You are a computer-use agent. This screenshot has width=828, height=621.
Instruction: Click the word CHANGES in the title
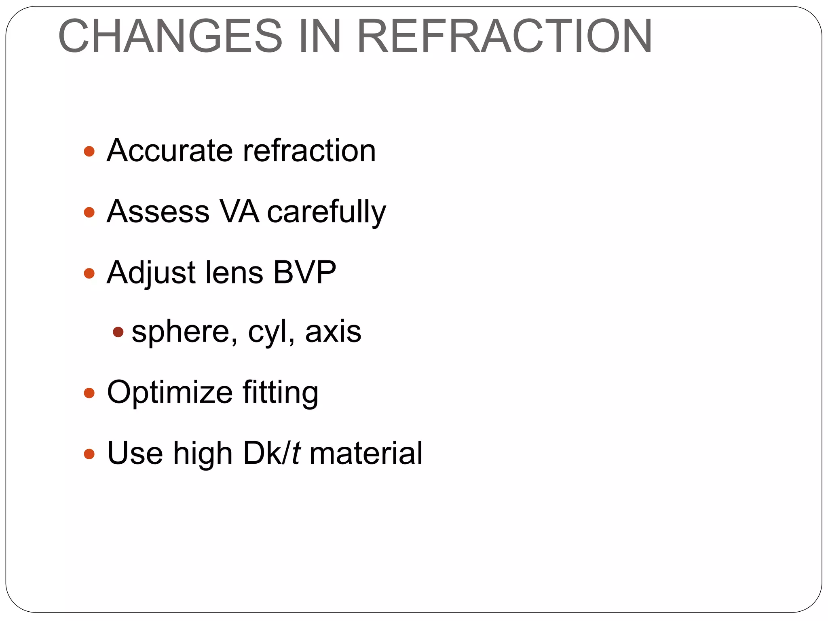pos(170,36)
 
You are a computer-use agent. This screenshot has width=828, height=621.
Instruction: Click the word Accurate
pos(169,150)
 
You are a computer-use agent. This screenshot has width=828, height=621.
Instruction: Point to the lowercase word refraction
pos(309,150)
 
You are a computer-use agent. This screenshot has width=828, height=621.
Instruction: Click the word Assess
pos(158,211)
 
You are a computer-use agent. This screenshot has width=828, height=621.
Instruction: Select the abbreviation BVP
pos(304,272)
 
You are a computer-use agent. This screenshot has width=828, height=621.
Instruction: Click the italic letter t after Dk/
pos(296,453)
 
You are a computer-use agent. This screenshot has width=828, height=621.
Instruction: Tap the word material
pos(366,453)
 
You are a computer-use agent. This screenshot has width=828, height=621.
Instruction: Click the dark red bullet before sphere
pos(118,332)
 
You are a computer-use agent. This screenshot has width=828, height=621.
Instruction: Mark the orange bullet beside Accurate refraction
pos(89,152)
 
